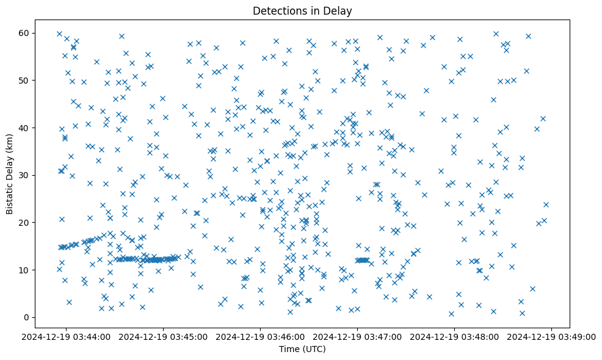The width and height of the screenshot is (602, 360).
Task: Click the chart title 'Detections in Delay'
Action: point(302,11)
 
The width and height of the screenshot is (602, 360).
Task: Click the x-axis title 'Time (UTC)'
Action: point(302,350)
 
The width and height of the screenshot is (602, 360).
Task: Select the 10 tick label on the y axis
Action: point(27,270)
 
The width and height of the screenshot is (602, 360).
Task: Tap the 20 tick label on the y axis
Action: point(27,223)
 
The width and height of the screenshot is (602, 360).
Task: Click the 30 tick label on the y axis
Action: point(27,175)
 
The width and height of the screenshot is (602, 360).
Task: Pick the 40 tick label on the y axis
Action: point(27,128)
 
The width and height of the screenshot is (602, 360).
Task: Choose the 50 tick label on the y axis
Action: point(27,81)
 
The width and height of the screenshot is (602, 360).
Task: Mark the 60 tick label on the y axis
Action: point(27,33)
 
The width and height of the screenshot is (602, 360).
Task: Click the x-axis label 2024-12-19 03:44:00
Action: point(67,337)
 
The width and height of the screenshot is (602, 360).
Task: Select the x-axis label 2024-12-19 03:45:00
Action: point(164,337)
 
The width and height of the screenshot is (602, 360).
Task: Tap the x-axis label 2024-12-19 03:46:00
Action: point(261,337)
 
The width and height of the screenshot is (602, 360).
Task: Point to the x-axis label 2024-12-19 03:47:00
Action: point(358,337)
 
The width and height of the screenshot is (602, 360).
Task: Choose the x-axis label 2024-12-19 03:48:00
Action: point(455,337)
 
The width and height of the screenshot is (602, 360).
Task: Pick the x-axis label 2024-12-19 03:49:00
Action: point(552,337)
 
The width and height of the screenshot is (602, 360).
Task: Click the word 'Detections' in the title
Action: point(277,11)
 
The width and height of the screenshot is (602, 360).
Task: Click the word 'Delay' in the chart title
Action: point(339,11)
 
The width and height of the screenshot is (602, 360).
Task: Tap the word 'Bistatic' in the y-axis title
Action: point(10,195)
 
